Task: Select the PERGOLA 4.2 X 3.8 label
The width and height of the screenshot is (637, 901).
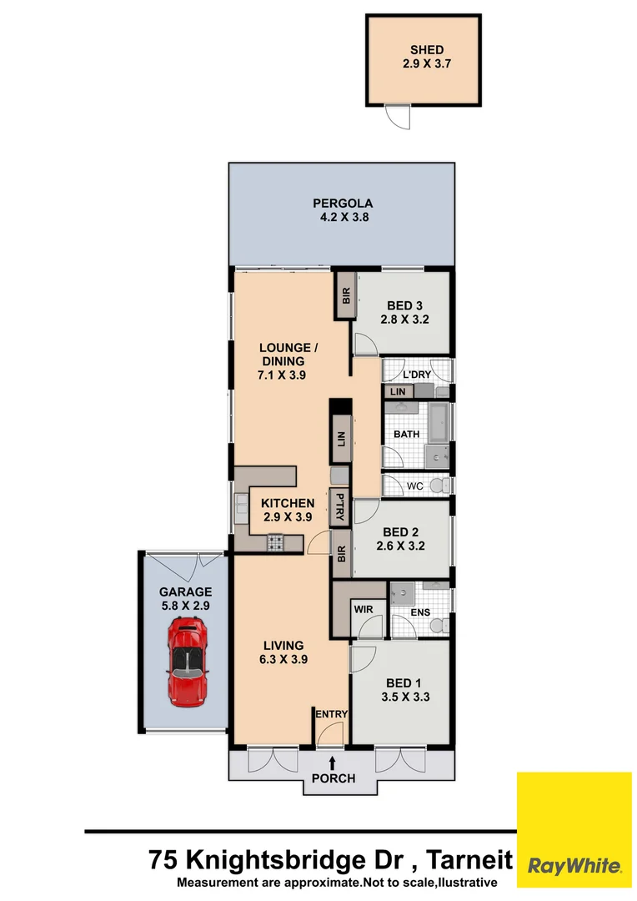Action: point(342,209)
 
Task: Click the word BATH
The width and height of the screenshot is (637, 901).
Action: point(406,434)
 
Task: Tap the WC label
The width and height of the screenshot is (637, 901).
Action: point(414,486)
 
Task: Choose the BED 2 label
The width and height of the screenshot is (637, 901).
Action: point(400,539)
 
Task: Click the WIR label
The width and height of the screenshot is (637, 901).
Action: point(363,610)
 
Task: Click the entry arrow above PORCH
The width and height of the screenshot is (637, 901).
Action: point(333,762)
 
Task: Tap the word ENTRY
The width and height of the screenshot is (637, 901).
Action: point(331,714)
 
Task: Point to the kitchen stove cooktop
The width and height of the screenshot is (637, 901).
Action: point(276,543)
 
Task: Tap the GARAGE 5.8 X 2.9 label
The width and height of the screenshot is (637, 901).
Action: point(185,599)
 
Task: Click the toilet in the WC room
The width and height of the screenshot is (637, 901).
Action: point(442,486)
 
